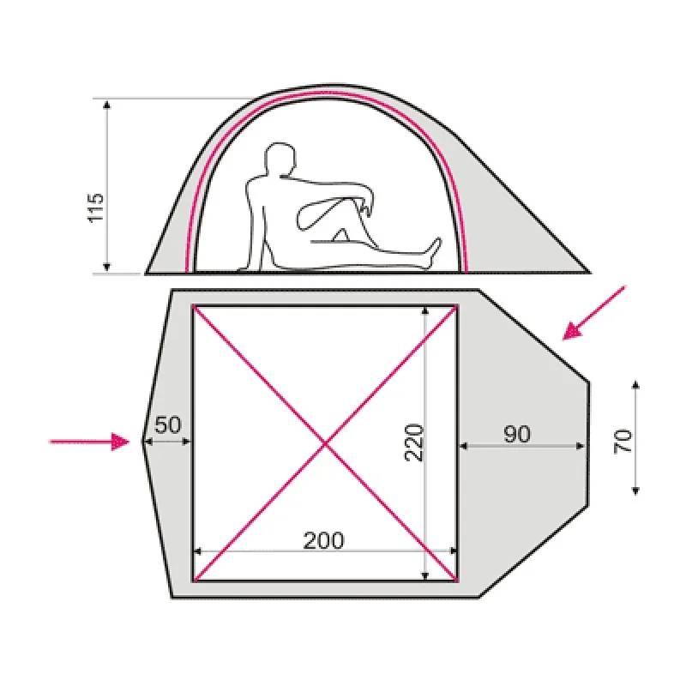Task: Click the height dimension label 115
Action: pyautogui.click(x=96, y=208)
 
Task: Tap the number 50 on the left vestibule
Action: pyautogui.click(x=167, y=424)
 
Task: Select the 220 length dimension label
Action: pyautogui.click(x=414, y=442)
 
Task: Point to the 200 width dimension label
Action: pyautogui.click(x=324, y=541)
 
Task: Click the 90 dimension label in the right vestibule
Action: pyautogui.click(x=517, y=434)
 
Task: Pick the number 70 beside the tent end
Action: pyautogui.click(x=623, y=442)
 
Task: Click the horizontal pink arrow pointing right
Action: pyautogui.click(x=90, y=442)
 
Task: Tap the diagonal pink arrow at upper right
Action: pyautogui.click(x=594, y=312)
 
